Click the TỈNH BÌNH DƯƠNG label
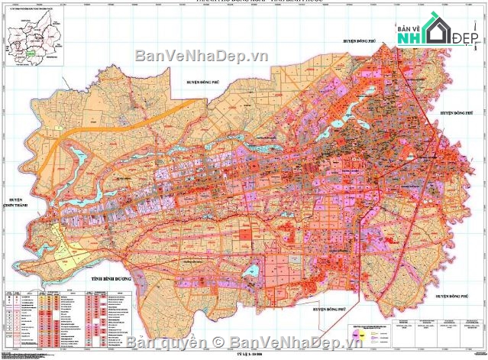(x=109, y=279)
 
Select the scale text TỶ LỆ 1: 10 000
(x=244, y=355)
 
